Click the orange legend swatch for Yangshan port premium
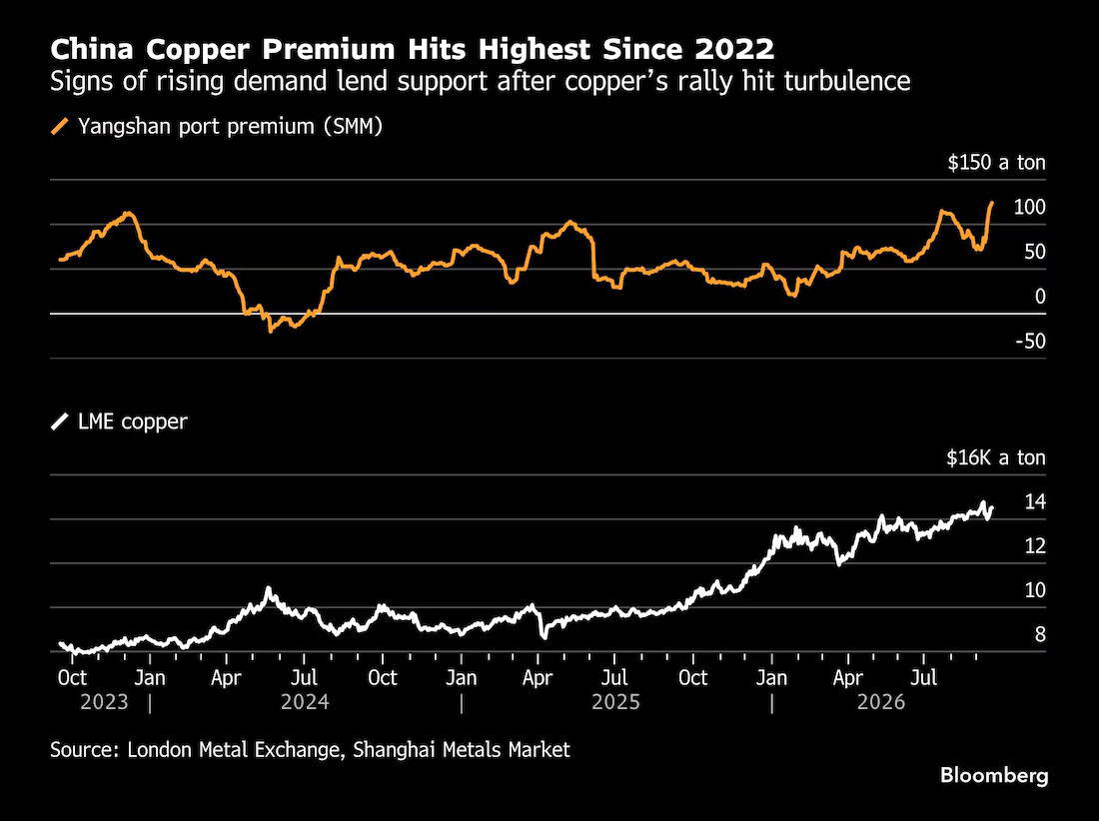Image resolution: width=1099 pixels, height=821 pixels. point(60,127)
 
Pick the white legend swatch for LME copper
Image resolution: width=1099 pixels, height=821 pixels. point(60,421)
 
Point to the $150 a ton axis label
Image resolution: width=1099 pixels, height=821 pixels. point(996,163)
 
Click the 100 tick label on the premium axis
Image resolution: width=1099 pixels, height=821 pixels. point(1029,207)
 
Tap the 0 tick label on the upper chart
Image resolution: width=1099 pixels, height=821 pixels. point(1039,297)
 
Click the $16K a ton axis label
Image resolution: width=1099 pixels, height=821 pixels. point(996,457)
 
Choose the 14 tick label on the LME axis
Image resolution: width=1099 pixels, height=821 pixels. point(1035,501)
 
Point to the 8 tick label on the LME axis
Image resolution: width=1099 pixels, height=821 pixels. point(1040,634)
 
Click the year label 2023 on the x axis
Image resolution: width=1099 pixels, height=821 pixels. point(104,702)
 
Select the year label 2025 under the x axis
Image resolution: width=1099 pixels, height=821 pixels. point(615,702)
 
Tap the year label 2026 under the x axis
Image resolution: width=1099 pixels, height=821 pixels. point(881,702)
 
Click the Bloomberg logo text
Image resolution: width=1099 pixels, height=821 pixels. point(994,775)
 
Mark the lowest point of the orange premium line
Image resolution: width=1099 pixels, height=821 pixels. point(270,331)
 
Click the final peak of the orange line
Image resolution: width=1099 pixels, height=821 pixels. point(992,203)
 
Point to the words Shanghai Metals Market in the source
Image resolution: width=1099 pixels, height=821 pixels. point(462,749)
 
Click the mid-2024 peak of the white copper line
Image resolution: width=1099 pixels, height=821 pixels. point(268,588)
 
